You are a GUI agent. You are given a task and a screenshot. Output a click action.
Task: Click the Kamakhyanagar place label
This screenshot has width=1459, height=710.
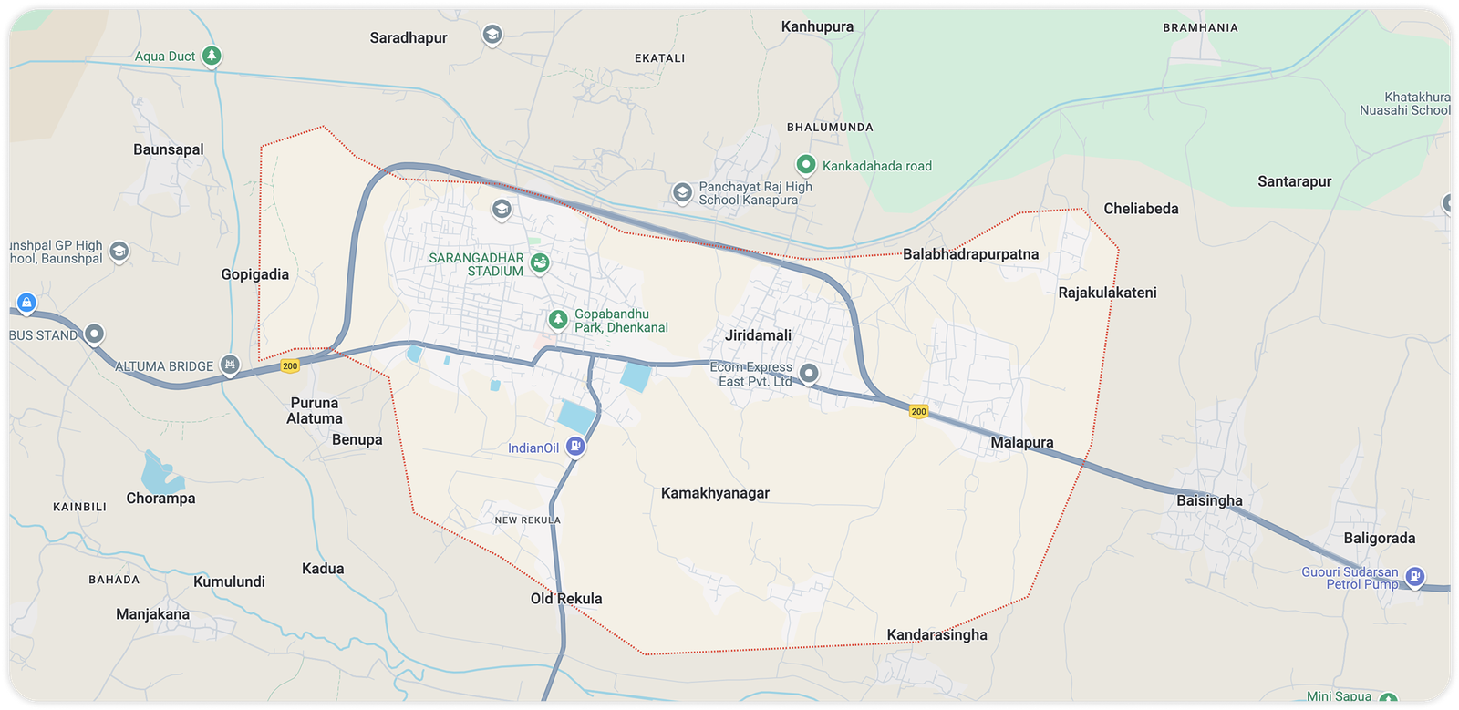pos(715,493)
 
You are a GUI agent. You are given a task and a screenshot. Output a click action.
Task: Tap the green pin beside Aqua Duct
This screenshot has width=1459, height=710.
pos(212,57)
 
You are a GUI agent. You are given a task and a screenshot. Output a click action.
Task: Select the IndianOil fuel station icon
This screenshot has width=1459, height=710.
pos(574,447)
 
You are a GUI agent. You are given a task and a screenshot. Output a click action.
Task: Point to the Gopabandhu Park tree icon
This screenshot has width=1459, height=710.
pos(558,320)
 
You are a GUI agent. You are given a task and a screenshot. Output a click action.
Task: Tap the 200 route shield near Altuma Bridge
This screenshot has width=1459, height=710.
pos(290,365)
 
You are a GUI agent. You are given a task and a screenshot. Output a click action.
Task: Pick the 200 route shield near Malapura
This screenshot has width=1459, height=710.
pos(918,411)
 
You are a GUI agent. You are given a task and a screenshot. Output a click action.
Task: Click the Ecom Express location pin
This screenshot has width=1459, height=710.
pos(809,373)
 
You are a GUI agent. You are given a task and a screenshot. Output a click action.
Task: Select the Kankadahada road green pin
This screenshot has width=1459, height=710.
pos(805,165)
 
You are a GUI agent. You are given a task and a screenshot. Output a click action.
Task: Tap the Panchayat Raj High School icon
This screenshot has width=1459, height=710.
pos(682,192)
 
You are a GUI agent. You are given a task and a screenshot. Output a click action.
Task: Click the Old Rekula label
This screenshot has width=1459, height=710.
pos(566,599)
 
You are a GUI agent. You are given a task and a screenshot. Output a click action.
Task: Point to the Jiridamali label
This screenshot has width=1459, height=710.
pos(758,335)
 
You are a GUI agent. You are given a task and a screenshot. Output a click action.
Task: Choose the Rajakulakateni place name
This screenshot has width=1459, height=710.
pos(1107,293)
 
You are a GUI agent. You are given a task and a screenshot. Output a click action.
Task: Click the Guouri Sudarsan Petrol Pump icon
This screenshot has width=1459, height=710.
pos(1414,576)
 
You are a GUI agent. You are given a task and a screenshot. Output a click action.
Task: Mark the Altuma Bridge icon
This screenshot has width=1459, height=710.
pos(230,365)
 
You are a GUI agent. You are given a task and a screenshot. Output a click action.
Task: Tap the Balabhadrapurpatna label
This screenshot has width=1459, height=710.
pos(970,254)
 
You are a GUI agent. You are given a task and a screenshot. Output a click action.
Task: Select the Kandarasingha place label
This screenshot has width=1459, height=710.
pos(936,634)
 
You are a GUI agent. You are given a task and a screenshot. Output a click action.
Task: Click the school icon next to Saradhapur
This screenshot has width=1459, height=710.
pos(492,36)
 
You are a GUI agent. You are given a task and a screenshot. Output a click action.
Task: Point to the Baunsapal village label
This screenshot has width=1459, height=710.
pos(169,149)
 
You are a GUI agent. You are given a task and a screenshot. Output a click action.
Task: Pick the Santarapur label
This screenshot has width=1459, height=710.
pos(1294,181)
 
